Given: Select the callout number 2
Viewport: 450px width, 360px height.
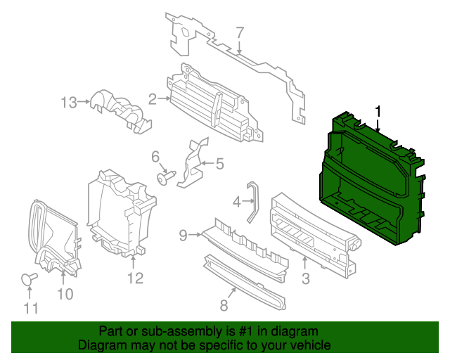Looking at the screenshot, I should point(153,99).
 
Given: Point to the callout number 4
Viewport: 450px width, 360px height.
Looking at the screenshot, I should point(237,202).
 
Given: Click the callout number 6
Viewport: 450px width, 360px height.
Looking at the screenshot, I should point(156,156).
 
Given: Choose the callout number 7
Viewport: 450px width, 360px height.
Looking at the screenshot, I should point(239,32).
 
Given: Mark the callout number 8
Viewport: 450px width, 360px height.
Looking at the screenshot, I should point(224,305).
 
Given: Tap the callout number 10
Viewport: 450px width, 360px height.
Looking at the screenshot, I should point(65,295).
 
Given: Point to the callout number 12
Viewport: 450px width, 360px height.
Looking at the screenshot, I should point(135,278).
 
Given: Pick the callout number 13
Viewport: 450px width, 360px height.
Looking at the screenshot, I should point(69,103).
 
